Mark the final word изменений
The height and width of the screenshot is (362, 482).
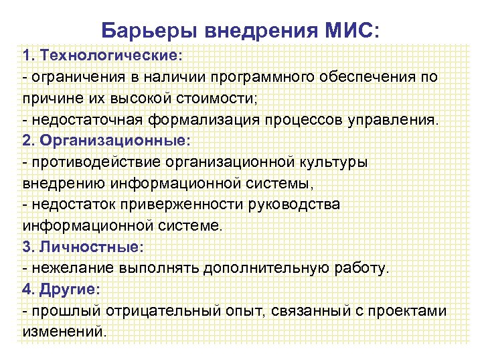coord(64,332)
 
